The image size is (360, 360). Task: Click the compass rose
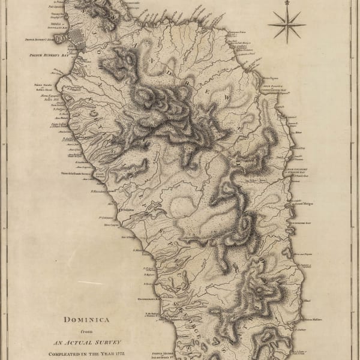[286, 25]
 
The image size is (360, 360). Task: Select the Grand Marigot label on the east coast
[305, 203]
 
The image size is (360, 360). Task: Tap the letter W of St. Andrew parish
[227, 95]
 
